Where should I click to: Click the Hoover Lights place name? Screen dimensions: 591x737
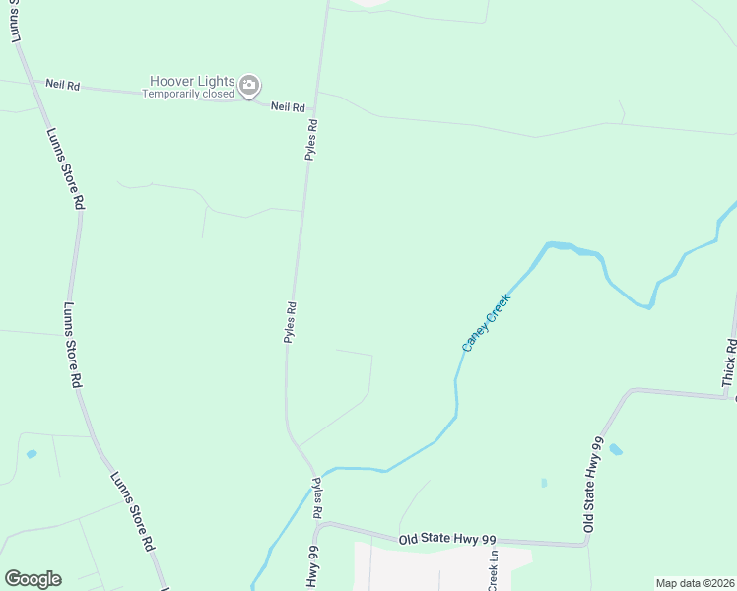click(192, 81)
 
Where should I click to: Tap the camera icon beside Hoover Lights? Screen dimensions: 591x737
click(249, 86)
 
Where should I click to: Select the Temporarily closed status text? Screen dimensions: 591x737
click(188, 95)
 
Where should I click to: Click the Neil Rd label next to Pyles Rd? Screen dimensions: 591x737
click(287, 105)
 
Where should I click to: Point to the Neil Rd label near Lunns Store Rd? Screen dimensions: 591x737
click(61, 85)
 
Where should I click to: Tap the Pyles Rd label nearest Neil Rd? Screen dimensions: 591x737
click(312, 140)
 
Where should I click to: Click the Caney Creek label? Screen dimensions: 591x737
click(487, 322)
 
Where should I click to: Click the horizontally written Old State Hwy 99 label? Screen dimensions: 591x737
click(454, 539)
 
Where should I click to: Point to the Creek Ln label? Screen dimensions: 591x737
click(494, 569)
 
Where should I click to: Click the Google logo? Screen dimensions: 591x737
click(33, 579)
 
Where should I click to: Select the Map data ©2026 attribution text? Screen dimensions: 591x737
click(695, 583)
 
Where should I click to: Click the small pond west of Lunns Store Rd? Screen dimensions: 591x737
click(32, 454)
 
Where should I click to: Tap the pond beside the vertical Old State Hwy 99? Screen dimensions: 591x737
click(616, 450)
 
